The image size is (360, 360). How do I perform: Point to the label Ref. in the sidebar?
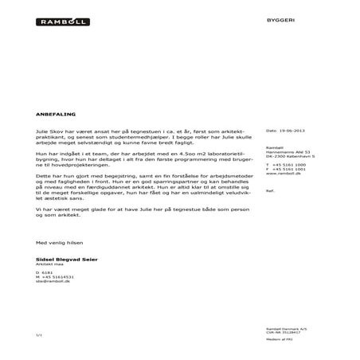(x=269, y=192)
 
